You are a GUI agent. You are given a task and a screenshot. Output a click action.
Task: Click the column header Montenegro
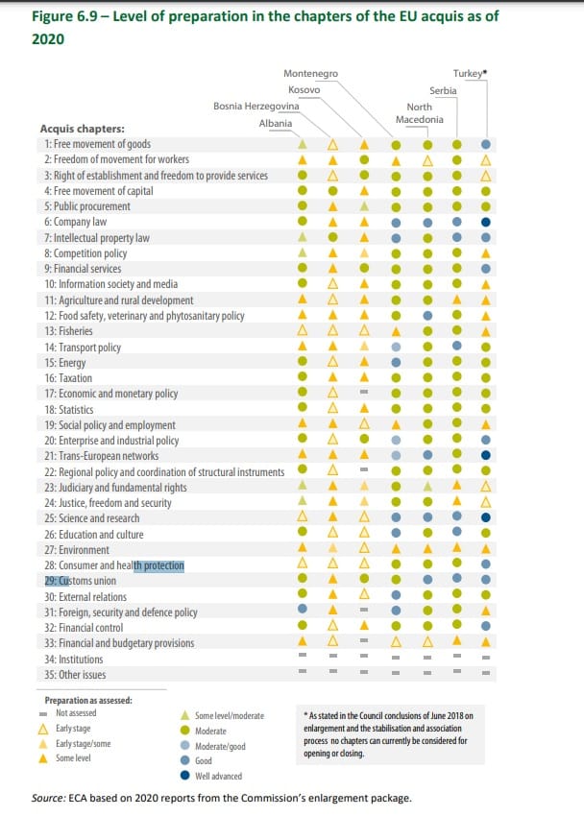(311, 74)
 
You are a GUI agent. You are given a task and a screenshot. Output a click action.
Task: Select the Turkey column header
(470, 74)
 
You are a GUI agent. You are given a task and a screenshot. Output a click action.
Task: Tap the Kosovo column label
(304, 89)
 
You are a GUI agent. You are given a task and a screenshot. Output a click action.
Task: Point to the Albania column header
(276, 124)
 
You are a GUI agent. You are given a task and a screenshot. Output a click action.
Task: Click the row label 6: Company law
(74, 222)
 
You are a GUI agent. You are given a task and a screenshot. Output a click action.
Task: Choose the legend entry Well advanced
(219, 776)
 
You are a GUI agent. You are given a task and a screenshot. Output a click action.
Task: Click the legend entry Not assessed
(78, 713)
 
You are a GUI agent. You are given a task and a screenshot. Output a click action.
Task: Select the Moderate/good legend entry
(222, 746)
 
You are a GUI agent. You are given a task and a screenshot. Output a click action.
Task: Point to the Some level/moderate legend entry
(229, 715)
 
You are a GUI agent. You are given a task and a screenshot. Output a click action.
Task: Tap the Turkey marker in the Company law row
(487, 222)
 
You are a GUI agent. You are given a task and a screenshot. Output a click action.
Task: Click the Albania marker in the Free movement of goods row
(303, 144)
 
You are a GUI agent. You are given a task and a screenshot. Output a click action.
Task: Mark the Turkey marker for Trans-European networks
(487, 456)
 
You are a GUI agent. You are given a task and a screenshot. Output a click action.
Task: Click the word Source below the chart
(49, 799)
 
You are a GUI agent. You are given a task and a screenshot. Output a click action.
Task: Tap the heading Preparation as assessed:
(88, 700)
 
